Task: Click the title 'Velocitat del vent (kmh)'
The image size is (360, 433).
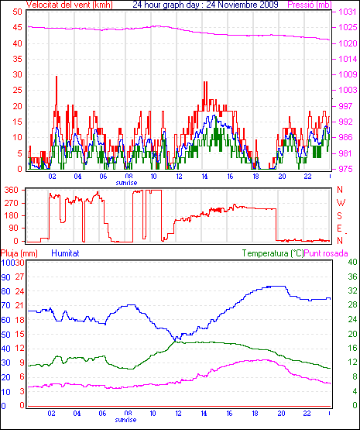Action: pyautogui.click(x=70, y=5)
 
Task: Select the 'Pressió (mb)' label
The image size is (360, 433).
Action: pyautogui.click(x=310, y=5)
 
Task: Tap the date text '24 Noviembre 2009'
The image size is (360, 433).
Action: pyautogui.click(x=242, y=5)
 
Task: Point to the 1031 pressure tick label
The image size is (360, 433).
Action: pyautogui.click(x=348, y=12)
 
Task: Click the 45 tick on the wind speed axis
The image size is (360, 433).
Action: pyautogui.click(x=17, y=27)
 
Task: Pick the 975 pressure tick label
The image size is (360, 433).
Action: pyautogui.click(x=345, y=169)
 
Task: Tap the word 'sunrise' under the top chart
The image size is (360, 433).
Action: pyautogui.click(x=126, y=183)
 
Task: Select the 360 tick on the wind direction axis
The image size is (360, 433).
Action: pyautogui.click(x=12, y=190)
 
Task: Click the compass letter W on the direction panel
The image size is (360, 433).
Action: pyautogui.click(x=341, y=203)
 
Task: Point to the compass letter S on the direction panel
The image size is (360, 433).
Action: pyautogui.click(x=340, y=215)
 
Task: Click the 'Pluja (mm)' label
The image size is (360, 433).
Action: pyautogui.click(x=19, y=253)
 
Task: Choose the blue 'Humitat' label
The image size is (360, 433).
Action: pyautogui.click(x=66, y=253)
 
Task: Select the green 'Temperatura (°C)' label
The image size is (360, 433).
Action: pyautogui.click(x=273, y=253)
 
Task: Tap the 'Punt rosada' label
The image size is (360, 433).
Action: pyautogui.click(x=326, y=253)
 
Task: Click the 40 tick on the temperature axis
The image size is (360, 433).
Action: pyautogui.click(x=352, y=262)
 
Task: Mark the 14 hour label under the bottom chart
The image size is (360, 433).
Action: pyautogui.click(x=204, y=414)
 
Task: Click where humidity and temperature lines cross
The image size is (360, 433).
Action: pyautogui.click(x=175, y=342)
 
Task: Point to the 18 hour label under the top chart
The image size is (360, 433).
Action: pyautogui.click(x=255, y=176)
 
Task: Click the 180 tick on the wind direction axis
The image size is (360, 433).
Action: pyautogui.click(x=12, y=215)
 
